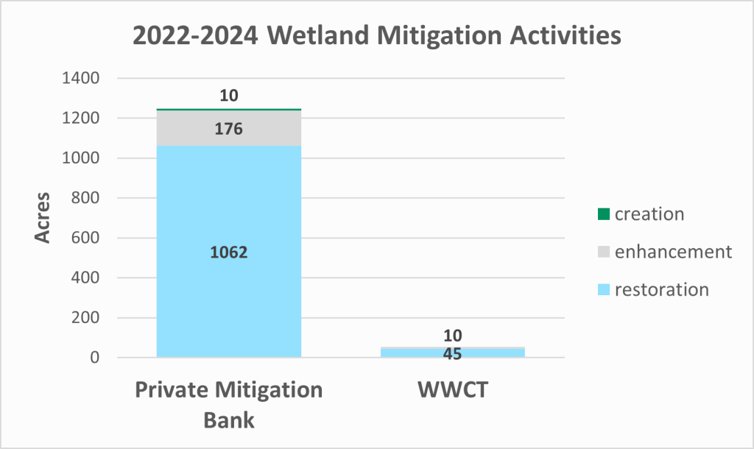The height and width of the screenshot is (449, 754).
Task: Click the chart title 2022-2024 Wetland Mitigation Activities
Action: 377,35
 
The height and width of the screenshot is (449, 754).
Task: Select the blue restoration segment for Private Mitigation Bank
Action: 229,252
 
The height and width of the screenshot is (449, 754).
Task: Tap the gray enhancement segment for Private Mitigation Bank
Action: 229,128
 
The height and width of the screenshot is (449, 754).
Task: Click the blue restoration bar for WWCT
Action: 453,353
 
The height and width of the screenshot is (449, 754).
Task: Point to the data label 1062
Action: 229,252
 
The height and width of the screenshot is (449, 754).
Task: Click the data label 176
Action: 229,129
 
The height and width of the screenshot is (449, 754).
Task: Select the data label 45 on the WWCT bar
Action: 453,354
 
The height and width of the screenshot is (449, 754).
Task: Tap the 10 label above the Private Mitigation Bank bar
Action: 229,96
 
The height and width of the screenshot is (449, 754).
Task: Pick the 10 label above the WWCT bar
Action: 453,336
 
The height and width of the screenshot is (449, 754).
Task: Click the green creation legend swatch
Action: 604,214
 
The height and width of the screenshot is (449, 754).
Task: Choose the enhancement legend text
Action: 673,252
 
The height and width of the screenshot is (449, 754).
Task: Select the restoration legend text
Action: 662,290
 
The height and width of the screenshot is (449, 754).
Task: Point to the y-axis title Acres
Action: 43,218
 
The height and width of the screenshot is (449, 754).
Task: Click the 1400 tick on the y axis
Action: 81,78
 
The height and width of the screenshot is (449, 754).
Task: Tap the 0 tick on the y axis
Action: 95,357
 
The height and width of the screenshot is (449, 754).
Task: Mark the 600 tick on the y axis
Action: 85,238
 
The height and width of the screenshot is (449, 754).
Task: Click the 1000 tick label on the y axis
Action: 81,158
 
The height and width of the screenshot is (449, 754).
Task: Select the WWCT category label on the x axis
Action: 453,390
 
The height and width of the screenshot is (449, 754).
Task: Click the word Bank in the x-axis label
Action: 229,420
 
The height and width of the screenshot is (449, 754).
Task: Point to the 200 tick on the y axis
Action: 85,317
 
